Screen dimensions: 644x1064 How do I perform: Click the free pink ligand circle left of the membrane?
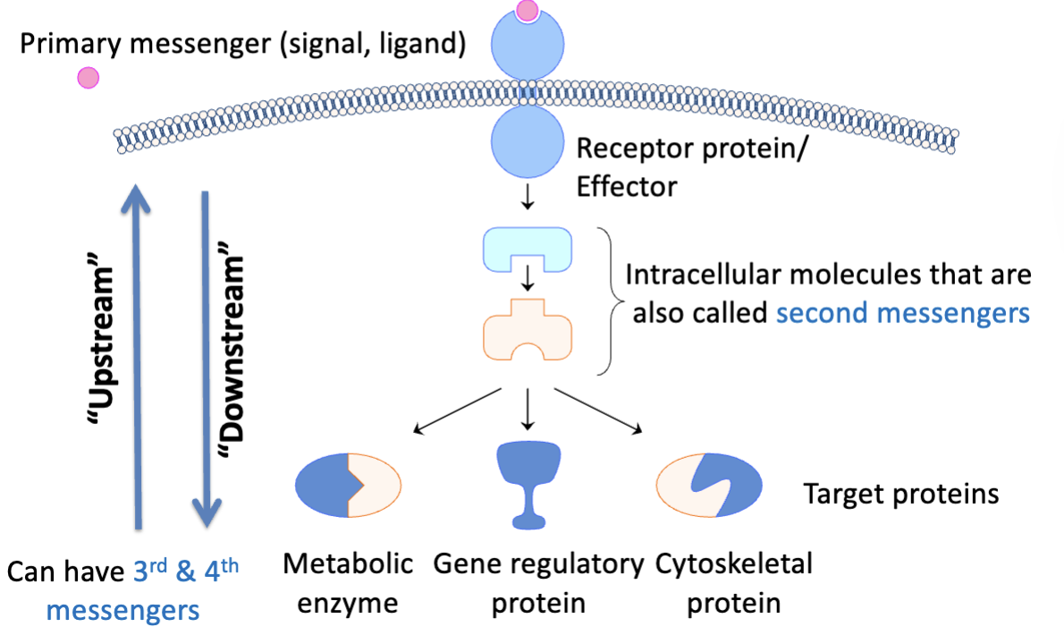[88, 78]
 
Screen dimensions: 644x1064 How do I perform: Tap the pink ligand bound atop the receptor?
[528, 10]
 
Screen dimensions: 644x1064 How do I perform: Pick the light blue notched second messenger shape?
[528, 248]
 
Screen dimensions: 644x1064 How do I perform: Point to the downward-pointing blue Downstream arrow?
[207, 358]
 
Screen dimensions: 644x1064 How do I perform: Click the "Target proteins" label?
[900, 494]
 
